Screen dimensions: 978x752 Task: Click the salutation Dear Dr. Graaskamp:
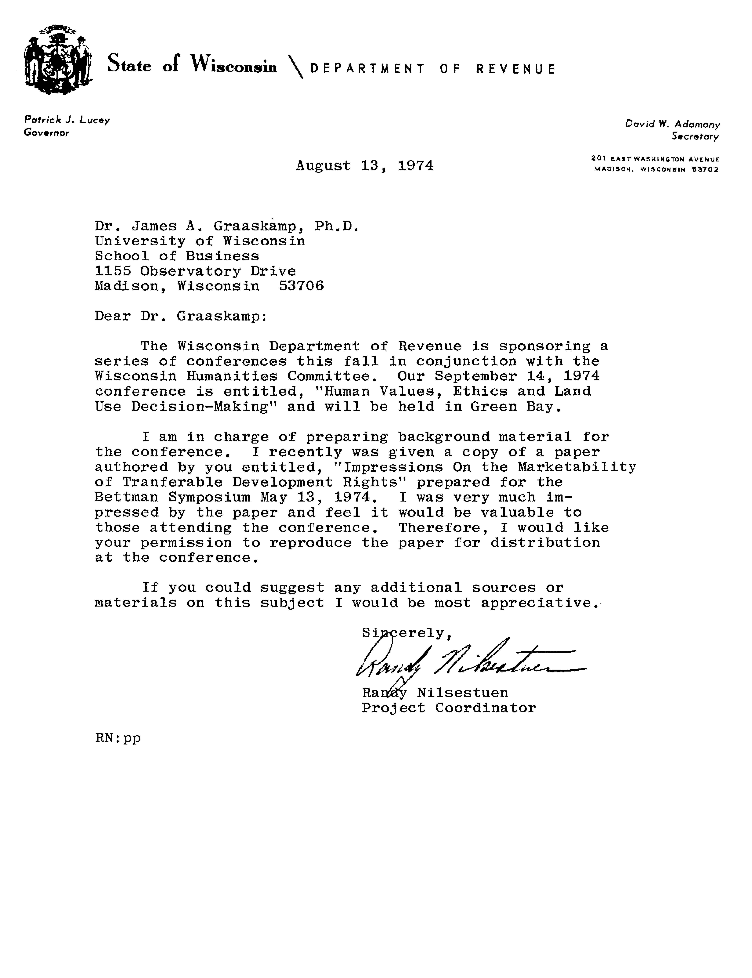pos(181,316)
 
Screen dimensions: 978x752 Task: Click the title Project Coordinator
pos(448,708)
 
